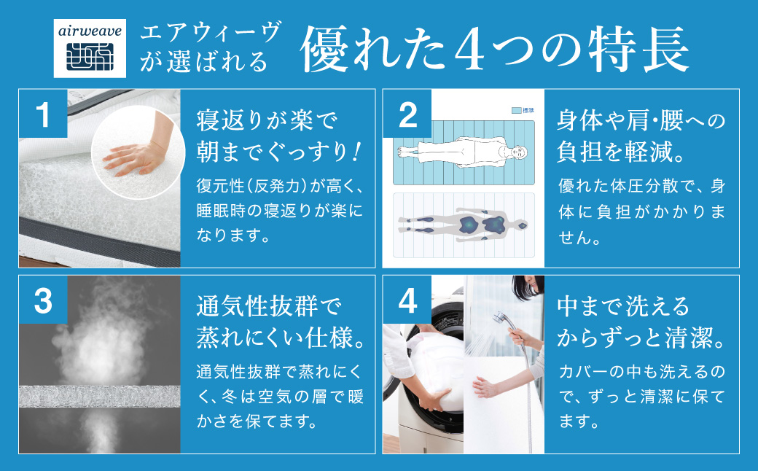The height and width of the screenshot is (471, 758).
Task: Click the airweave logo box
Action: [90, 48]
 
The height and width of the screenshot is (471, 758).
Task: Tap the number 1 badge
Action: [43, 114]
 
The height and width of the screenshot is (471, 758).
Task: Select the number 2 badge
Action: [407, 114]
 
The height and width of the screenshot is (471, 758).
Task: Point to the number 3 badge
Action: [43, 300]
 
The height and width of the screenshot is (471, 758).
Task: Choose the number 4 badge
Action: [407, 300]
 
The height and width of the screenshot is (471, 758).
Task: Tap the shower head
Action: [499, 319]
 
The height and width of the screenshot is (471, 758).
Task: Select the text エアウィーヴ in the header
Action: [211, 33]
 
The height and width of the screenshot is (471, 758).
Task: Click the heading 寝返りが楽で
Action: [266, 120]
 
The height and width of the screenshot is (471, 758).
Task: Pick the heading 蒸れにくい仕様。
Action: [281, 338]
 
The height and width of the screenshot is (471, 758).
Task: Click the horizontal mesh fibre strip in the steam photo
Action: [100, 397]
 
